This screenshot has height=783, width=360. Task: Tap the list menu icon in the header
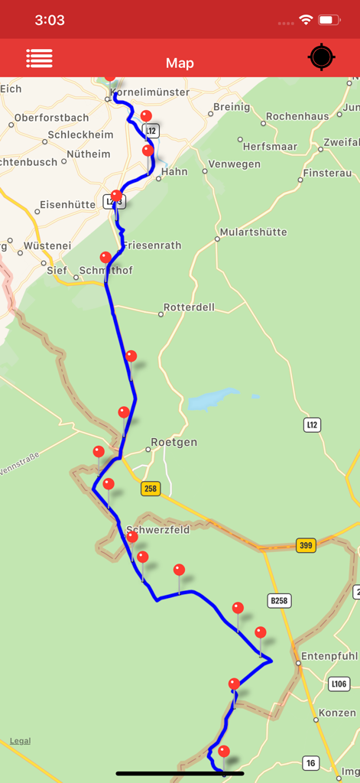click(39, 58)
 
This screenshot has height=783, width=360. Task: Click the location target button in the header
click(322, 58)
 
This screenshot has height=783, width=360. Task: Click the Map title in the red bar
click(180, 63)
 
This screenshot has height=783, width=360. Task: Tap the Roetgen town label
click(174, 443)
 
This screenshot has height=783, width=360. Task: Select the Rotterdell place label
click(190, 307)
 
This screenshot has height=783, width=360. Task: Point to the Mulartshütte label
click(253, 232)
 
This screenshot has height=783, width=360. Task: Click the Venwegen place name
click(235, 164)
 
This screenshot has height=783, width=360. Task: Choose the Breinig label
click(232, 107)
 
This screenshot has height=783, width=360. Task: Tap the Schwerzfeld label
click(157, 530)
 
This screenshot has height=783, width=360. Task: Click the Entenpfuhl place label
click(330, 656)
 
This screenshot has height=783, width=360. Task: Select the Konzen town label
click(337, 713)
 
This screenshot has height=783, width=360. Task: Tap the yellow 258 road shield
click(151, 489)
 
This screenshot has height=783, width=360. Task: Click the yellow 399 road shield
click(306, 544)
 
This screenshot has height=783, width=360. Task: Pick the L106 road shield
click(339, 683)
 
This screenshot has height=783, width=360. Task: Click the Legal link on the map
click(21, 741)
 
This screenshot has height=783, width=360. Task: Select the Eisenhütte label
click(67, 205)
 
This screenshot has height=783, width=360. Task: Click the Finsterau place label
click(327, 173)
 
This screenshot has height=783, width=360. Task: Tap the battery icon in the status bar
click(329, 20)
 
